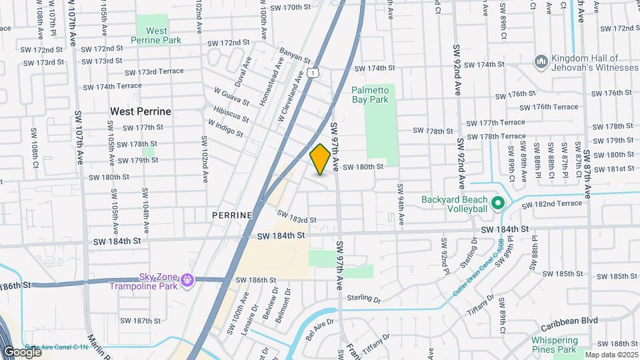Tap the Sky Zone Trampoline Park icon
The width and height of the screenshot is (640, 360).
point(187,281)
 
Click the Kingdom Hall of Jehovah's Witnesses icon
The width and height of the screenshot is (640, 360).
point(541,62)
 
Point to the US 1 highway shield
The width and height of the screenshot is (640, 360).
point(313,73)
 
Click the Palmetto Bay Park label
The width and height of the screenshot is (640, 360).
point(379,94)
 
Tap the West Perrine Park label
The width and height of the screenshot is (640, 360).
point(157,35)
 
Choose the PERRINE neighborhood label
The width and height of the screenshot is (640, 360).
point(232,215)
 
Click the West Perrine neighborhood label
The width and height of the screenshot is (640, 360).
point(141,111)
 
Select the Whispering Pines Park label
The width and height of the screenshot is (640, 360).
point(554,344)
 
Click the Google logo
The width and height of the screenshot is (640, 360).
point(22,351)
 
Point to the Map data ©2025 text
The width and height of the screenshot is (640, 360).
point(611,354)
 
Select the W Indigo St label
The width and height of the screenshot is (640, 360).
point(225,127)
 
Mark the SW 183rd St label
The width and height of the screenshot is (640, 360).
point(296,217)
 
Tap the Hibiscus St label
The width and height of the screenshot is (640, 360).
point(231,113)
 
